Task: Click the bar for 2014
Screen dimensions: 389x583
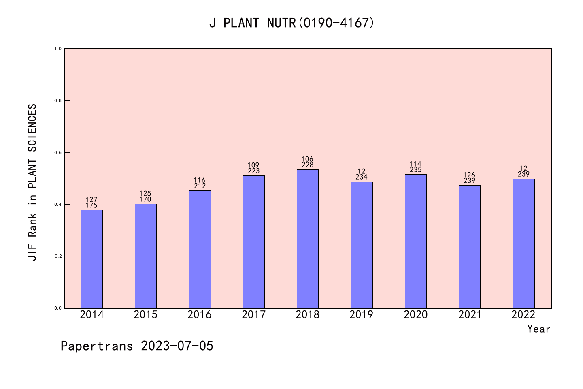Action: (x=92, y=259)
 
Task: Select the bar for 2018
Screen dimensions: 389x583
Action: (x=308, y=239)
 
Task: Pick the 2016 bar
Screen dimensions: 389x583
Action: (x=200, y=249)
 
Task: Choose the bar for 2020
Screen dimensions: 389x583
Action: (x=416, y=241)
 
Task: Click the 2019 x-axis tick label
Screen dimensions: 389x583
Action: (x=362, y=315)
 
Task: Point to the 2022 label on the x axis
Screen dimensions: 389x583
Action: (x=523, y=315)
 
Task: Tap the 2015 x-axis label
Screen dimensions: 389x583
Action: (x=146, y=315)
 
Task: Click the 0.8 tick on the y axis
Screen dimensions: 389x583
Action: (x=58, y=100)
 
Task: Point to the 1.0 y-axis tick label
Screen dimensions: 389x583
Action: (x=58, y=49)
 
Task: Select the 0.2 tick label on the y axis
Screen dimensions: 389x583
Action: (x=58, y=256)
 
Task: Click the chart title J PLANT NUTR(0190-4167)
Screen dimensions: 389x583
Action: (x=291, y=23)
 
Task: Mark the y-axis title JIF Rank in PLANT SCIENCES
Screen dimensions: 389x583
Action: (x=32, y=182)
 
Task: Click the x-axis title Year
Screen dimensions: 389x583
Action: (x=538, y=329)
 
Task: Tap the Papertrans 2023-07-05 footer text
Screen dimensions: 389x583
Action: (x=137, y=346)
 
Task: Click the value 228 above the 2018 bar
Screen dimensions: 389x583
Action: (x=308, y=165)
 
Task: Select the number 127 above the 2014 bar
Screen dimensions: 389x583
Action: (x=92, y=200)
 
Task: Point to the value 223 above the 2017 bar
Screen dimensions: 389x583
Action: (x=253, y=171)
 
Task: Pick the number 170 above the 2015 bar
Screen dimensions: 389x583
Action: (x=146, y=199)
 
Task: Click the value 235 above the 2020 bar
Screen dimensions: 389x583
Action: (x=416, y=170)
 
